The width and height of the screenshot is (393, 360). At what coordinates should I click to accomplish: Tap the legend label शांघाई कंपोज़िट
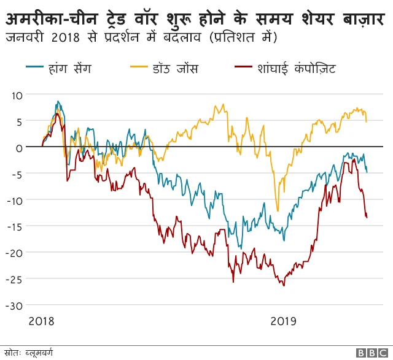click(297, 68)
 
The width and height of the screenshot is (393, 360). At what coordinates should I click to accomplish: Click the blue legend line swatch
click(34, 68)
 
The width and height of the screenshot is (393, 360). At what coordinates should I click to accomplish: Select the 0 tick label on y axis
click(20, 148)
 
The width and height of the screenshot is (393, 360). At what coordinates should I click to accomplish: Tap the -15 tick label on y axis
click(15, 226)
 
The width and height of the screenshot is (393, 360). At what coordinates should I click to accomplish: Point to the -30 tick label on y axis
click(15, 305)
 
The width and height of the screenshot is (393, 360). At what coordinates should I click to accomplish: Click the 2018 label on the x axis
click(41, 321)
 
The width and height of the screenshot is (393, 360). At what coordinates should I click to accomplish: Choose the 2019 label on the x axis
click(283, 321)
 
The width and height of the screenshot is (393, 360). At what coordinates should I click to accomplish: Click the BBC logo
click(372, 353)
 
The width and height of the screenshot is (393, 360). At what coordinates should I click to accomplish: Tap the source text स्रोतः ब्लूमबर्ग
click(29, 353)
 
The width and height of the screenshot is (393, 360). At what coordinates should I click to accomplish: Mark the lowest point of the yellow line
click(278, 211)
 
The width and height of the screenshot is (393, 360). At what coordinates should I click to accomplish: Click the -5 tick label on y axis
click(17, 174)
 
